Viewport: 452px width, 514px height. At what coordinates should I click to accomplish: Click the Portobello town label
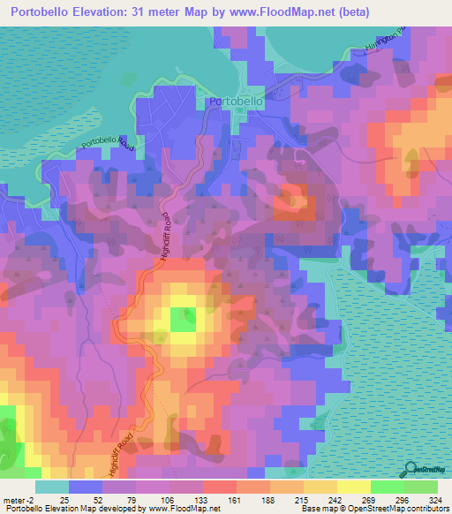point(237,102)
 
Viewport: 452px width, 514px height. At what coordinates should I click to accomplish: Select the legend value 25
point(64,499)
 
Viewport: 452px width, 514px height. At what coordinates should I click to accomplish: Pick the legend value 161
point(233,499)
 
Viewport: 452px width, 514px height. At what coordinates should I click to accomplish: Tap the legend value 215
point(299,499)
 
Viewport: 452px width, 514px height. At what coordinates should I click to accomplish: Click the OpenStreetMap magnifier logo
point(407,469)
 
